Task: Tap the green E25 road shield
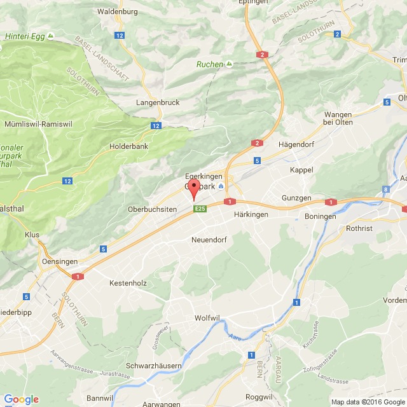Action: pyautogui.click(x=200, y=209)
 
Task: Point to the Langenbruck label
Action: pyautogui.click(x=158, y=102)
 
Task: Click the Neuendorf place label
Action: pyautogui.click(x=210, y=240)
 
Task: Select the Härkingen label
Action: pyautogui.click(x=251, y=215)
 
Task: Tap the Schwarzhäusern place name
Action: pyautogui.click(x=155, y=366)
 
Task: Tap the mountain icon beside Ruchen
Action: pyautogui.click(x=229, y=64)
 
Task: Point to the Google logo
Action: pyautogui.click(x=21, y=399)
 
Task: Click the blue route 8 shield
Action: pyautogui.click(x=386, y=189)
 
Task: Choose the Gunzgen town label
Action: pyautogui.click(x=296, y=198)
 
